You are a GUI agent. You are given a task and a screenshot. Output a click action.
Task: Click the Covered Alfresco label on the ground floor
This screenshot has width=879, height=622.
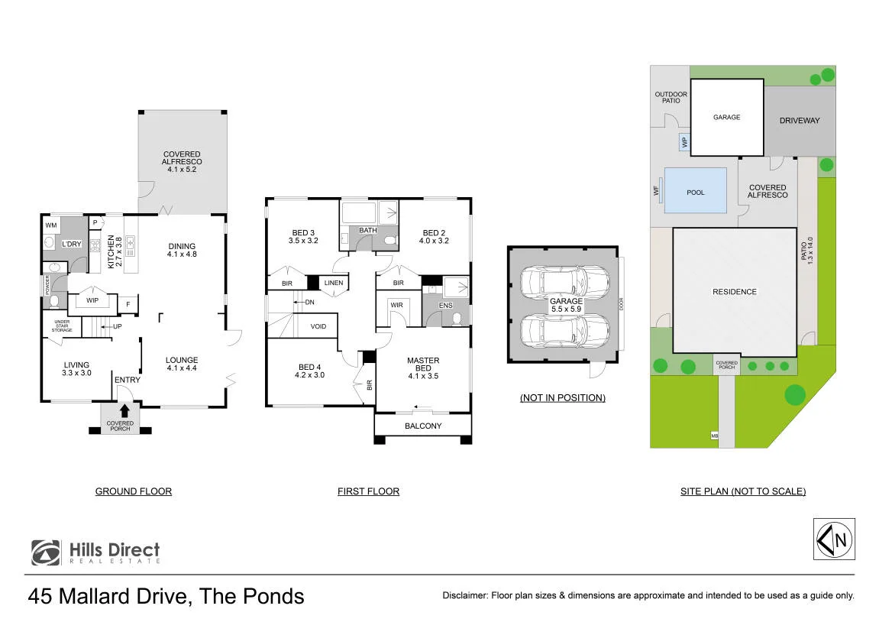182,161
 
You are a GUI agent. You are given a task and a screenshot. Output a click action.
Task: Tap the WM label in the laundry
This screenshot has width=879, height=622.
51,225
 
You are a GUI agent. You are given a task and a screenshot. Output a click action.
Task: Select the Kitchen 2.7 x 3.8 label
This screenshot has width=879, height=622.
115,252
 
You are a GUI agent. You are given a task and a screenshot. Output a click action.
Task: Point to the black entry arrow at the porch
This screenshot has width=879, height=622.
124,411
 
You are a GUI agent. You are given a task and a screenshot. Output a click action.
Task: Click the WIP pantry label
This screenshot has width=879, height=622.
92,300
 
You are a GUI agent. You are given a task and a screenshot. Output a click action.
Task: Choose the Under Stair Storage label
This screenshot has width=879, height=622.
62,326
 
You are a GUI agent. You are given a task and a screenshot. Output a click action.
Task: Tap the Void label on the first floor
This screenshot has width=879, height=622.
318,326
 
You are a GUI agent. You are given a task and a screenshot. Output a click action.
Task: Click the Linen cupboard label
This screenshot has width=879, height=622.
334,283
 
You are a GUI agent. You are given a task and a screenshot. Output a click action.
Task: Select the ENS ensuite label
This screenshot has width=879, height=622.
446,306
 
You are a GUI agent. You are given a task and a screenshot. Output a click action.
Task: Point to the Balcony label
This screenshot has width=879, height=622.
423,426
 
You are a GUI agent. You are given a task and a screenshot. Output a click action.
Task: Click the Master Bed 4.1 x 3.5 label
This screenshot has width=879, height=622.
423,368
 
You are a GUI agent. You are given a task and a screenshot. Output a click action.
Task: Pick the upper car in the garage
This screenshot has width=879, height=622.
564,282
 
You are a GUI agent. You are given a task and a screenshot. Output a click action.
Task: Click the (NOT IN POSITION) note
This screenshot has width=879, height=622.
563,397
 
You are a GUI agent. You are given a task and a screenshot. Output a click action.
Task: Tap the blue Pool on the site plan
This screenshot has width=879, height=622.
695,190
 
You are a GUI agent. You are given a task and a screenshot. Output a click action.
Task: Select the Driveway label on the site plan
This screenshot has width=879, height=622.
800,121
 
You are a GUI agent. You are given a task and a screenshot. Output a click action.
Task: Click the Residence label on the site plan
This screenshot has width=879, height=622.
735,292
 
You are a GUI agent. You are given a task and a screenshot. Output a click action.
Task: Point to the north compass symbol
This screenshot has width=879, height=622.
834,539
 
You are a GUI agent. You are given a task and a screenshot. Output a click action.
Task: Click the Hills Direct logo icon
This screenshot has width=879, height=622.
46,552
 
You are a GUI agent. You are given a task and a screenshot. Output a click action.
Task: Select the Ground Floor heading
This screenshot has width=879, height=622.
134,491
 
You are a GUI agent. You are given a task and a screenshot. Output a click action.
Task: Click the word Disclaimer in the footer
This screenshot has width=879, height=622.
465,596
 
